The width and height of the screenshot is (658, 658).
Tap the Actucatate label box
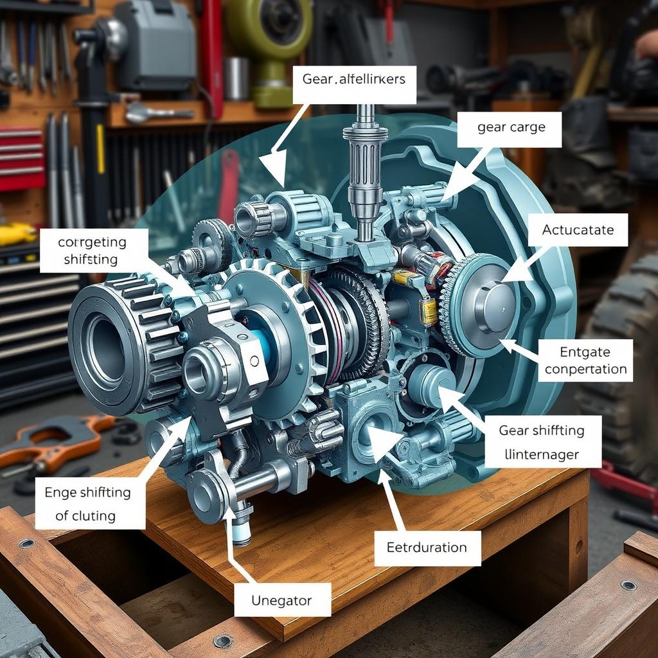pos(578,230)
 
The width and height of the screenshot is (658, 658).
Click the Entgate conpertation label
pos(584,360)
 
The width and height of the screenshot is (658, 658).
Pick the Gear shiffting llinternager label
pos(541,441)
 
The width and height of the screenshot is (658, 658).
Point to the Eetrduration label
pos(427,547)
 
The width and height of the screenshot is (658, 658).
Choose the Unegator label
pos(282,601)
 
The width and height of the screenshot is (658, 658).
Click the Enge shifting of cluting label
pos(89,503)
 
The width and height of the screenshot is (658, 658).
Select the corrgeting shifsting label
pos(94,251)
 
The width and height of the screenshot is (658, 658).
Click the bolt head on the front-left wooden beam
pos(26,543)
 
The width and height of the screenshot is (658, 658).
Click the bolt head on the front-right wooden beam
pos(628,585)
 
